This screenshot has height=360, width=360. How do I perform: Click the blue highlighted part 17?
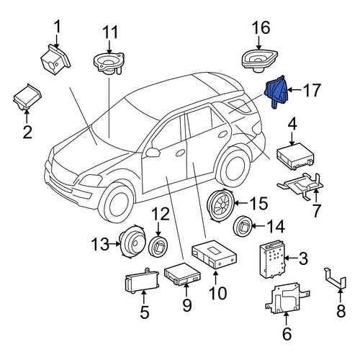pos(276,92)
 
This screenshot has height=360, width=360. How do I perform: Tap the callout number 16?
pos(261,27)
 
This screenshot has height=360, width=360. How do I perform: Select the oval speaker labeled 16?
pos(259,60)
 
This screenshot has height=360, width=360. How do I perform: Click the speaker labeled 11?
pos(109,63)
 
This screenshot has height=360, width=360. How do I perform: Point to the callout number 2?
pos(27,132)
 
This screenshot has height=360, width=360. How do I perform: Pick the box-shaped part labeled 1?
pos(55,59)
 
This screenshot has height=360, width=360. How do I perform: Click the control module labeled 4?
pos(295,156)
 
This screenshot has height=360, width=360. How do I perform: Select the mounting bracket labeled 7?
pos(301,186)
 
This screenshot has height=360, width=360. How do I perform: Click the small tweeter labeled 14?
pos(243,226)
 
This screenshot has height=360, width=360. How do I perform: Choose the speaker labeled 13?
pos(132,242)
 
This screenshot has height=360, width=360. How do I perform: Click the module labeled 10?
pos(215,253)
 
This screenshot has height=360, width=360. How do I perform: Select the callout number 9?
pos(187,305)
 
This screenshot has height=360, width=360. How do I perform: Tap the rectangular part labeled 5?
pos(142,279)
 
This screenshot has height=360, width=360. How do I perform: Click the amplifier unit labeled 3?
pos(272,259)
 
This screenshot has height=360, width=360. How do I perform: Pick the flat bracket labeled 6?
pos(287,298)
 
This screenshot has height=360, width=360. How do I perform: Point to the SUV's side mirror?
pos(153,153)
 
